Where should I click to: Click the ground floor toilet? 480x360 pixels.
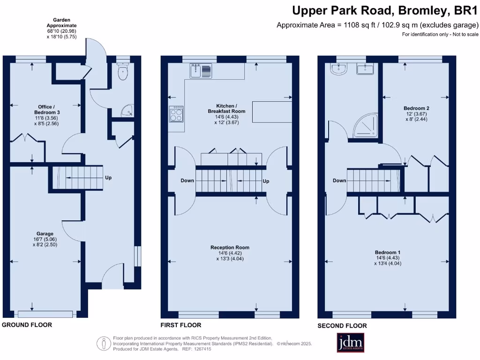pyautogui.click(x=123, y=72)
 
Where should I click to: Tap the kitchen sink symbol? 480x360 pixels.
pyautogui.click(x=201, y=71)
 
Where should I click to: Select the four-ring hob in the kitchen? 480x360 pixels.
pyautogui.click(x=176, y=114)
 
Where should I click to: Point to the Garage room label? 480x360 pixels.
pyautogui.click(x=45, y=234)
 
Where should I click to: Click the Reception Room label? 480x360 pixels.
pyautogui.click(x=230, y=247)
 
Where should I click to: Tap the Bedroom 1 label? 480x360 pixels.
pyautogui.click(x=388, y=252)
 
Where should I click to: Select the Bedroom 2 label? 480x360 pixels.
pyautogui.click(x=416, y=108)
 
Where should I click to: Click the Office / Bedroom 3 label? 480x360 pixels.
pyautogui.click(x=46, y=110)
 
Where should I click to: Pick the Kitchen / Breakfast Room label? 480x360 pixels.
pyautogui.click(x=226, y=108)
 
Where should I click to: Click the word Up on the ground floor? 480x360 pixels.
pyautogui.click(x=108, y=178)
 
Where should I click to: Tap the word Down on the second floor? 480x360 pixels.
pyautogui.click(x=339, y=180)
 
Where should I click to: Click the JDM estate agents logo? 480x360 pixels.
pyautogui.click(x=351, y=342)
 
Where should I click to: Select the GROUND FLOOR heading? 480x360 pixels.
pyautogui.click(x=27, y=325)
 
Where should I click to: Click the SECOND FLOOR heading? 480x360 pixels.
pyautogui.click(x=342, y=326)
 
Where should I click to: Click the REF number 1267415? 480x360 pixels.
pyautogui.click(x=201, y=349)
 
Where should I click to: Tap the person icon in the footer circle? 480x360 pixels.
pyautogui.click(x=104, y=344)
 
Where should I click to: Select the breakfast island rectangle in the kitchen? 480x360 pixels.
pyautogui.click(x=272, y=112)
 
